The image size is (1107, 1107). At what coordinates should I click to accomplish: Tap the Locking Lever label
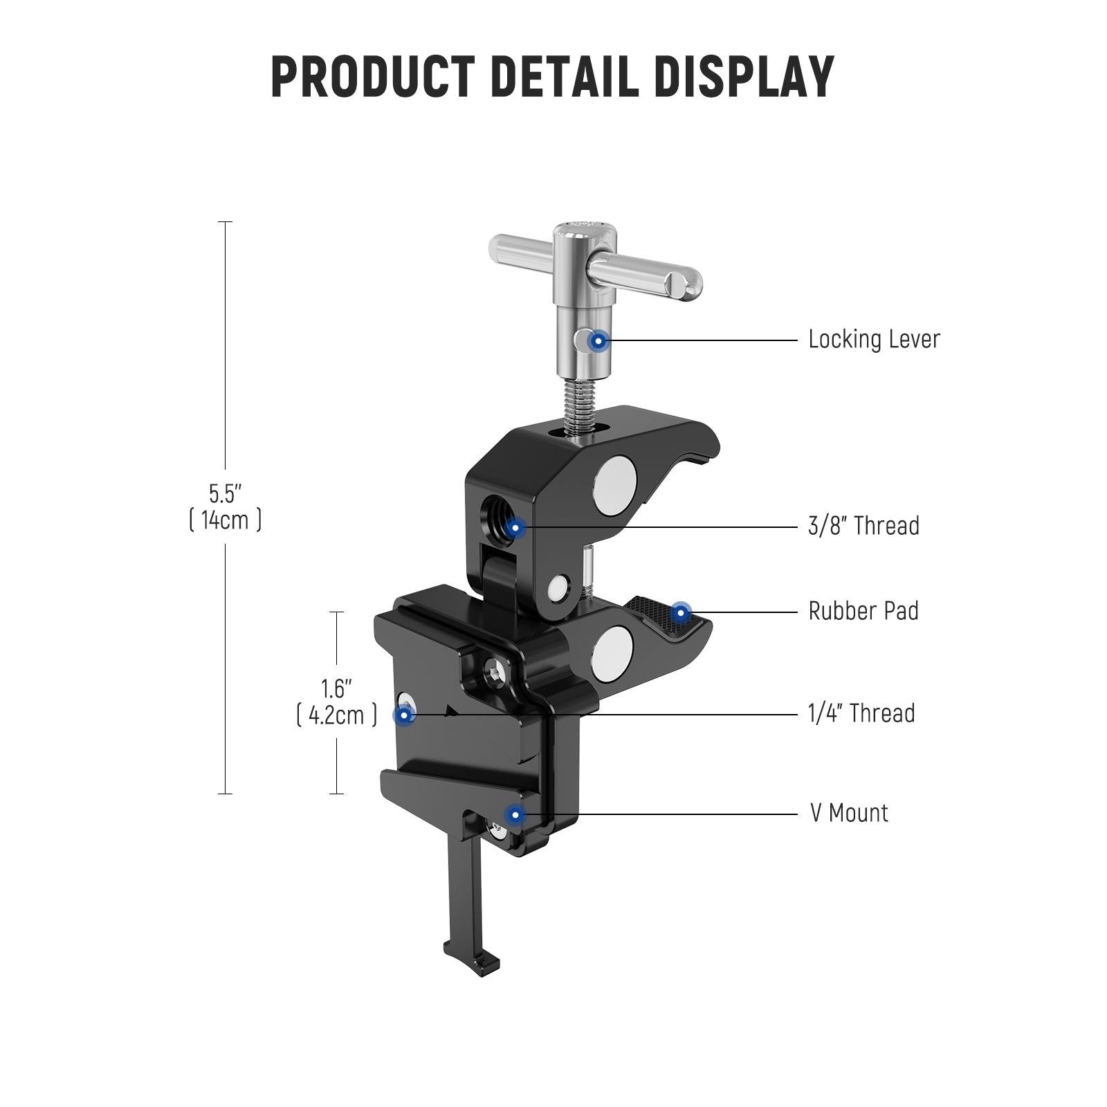874,340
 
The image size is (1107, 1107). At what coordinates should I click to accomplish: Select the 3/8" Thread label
863,526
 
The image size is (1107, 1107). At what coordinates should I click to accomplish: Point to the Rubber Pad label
863,612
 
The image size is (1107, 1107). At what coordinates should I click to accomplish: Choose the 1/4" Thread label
861,713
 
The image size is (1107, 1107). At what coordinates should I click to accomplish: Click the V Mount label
849,813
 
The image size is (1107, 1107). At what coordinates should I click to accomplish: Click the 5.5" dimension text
225,494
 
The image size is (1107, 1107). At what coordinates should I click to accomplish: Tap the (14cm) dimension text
225,520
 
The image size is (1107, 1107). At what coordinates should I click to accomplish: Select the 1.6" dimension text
336,689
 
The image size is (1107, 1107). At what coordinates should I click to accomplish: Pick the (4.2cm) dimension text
336,715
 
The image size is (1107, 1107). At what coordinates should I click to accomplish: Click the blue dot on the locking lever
598,340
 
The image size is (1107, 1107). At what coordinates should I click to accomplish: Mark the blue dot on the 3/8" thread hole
515,528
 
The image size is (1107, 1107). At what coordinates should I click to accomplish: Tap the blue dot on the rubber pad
681,612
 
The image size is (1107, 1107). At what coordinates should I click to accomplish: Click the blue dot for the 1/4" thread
404,714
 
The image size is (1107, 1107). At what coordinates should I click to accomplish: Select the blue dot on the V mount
514,815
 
